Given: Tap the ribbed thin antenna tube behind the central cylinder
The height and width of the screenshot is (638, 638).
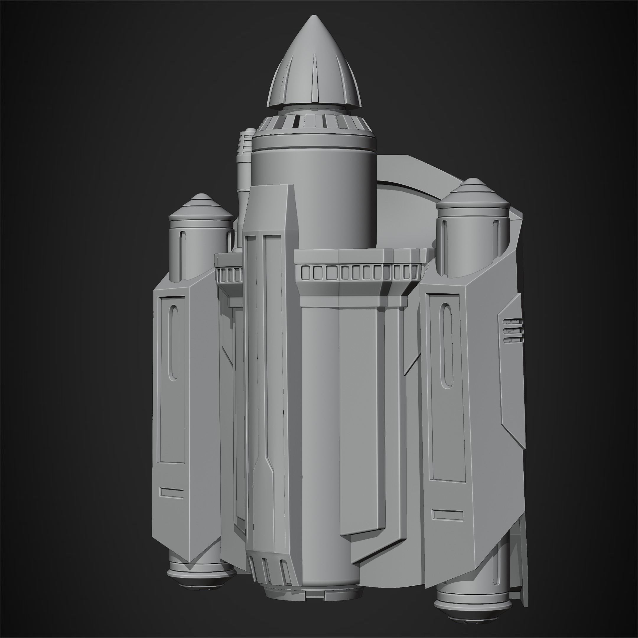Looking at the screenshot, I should (244, 159).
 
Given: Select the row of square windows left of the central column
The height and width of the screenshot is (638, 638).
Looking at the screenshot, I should (229, 274).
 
